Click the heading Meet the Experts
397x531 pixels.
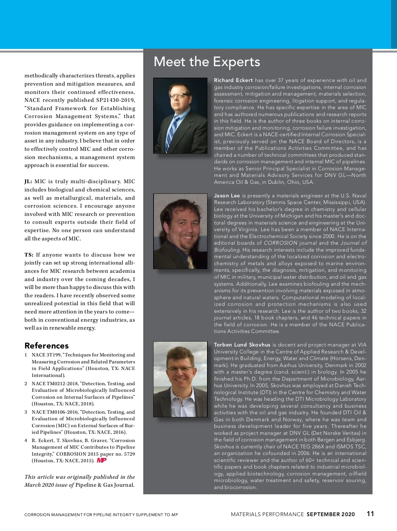coord(207,62)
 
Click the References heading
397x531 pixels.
coord(47,346)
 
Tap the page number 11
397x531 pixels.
coord(370,513)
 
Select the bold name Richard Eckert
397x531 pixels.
coord(233,80)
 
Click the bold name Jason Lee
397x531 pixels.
coord(227,196)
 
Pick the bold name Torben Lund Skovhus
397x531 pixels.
coord(242,345)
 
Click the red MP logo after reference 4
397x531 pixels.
coord(102,460)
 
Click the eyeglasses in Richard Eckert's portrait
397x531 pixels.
coord(179,96)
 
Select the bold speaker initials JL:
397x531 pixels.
coord(28,182)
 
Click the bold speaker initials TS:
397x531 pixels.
coord(29,255)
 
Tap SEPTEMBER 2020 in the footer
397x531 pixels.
coord(331,514)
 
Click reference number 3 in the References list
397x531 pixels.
coord(26,412)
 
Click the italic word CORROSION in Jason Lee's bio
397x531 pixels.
coord(281,243)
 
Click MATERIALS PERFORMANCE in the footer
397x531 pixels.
coord(267,514)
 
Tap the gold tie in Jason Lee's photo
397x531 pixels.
coord(191,261)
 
